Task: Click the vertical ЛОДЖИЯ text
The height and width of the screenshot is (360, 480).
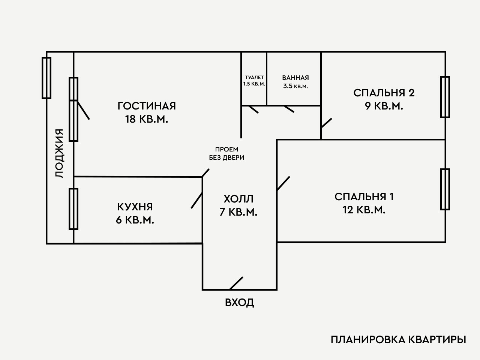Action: (x=59, y=153)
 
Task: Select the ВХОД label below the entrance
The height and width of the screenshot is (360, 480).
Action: (x=240, y=302)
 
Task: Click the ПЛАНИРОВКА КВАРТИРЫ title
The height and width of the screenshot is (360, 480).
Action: (x=399, y=340)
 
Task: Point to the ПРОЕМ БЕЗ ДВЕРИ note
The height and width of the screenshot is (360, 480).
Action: (x=226, y=153)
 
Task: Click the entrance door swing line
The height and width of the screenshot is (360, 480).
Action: (x=236, y=283)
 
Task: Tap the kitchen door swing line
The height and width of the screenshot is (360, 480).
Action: (x=197, y=200)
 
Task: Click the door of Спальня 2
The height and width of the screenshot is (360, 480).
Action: (x=326, y=124)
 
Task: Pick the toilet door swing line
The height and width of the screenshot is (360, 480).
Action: (x=253, y=109)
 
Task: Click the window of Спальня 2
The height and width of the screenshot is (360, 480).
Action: (x=445, y=97)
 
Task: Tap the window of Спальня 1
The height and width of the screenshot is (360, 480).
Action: (x=445, y=189)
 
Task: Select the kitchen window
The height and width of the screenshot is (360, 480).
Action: (x=73, y=209)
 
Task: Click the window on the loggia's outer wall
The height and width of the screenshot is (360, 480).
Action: (x=46, y=78)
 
